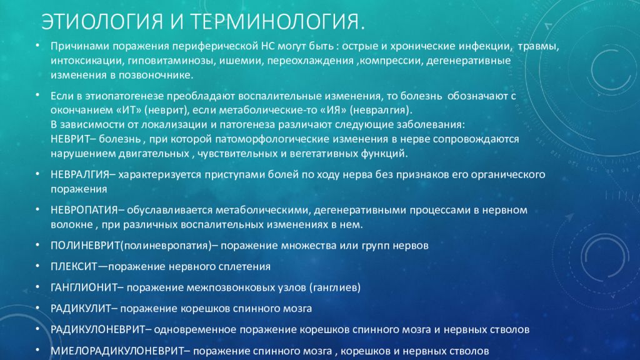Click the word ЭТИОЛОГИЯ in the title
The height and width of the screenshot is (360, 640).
(x=102, y=22)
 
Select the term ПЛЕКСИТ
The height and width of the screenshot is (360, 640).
(x=74, y=266)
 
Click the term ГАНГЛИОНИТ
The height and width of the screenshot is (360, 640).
(x=84, y=287)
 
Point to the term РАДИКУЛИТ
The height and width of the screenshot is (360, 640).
(x=81, y=309)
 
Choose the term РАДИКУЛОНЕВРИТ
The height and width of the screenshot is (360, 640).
(x=97, y=329)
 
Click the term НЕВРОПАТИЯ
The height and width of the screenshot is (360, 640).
(x=84, y=210)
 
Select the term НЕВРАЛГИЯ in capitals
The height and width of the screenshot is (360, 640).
(x=79, y=175)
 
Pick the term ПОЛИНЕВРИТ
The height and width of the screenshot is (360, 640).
(x=85, y=246)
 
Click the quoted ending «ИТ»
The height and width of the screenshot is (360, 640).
(x=129, y=110)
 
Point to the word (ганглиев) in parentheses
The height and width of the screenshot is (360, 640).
(x=335, y=287)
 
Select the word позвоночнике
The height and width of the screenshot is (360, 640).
(x=156, y=76)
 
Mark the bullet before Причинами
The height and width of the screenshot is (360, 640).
(x=37, y=45)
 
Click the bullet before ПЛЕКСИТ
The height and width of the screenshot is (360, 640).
(x=37, y=266)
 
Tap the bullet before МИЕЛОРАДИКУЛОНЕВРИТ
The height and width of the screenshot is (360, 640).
(x=37, y=350)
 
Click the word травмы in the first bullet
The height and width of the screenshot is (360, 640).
(x=538, y=46)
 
